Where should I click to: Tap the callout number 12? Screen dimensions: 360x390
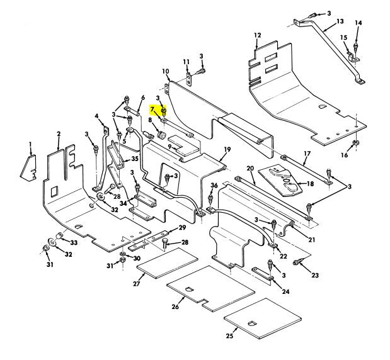pos(257,35)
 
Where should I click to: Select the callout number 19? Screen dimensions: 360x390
pos(227,149)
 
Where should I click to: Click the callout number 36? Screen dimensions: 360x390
pos(214,185)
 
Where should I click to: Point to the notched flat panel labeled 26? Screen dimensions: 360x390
pos(211,288)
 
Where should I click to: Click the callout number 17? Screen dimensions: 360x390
pos(307,154)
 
